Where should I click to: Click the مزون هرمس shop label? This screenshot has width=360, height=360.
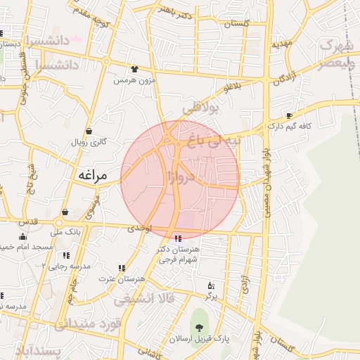(134, 80)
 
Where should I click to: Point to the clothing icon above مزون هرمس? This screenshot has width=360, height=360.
(134, 70)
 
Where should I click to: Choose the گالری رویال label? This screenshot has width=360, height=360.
(89, 142)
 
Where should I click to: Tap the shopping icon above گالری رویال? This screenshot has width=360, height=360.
(89, 131)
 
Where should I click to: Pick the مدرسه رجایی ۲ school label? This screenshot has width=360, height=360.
(66, 266)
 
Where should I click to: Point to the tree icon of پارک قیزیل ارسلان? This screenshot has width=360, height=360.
(200, 327)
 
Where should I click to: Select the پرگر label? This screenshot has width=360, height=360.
(211, 297)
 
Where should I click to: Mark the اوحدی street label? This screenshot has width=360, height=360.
(138, 230)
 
